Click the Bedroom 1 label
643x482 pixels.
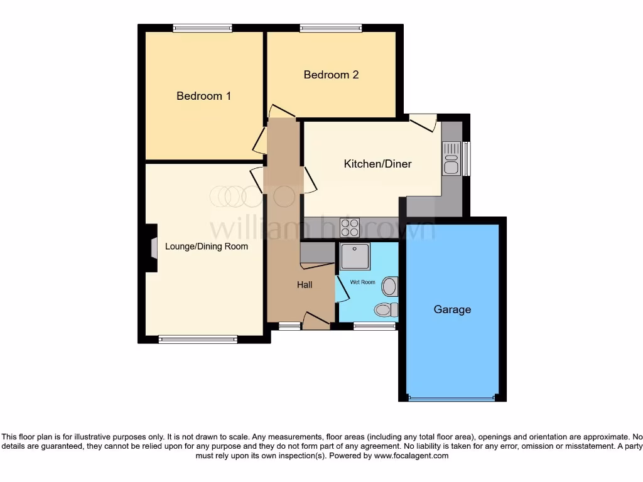203,96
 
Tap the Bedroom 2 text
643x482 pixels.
331,75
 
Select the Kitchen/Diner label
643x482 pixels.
377,164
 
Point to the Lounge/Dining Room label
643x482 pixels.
207,246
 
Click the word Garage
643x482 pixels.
452,309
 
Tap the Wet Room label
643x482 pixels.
362,282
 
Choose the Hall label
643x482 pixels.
305,285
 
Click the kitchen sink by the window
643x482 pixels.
451,158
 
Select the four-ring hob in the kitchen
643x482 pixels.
350,227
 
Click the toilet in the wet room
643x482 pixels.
384,309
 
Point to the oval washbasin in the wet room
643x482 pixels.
390,287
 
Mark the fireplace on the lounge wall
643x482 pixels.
152,248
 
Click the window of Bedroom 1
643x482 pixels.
203,28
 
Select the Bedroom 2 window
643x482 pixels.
330,28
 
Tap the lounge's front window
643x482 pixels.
198,340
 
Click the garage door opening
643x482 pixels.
451,398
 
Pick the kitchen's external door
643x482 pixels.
423,122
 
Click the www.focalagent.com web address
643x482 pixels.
411,456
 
